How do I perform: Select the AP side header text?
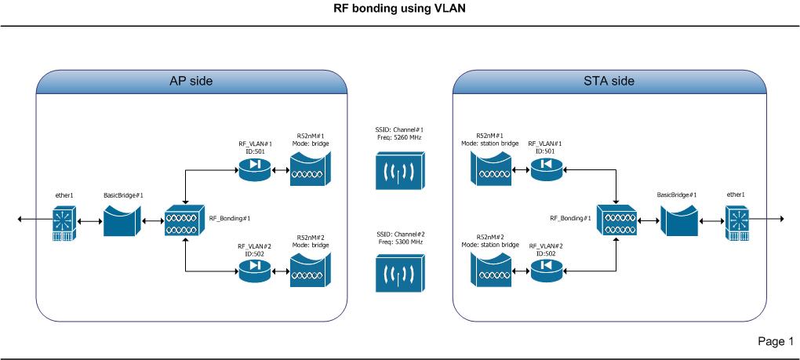click(x=191, y=81)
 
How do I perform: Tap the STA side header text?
click(x=610, y=81)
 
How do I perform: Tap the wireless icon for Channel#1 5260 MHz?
click(x=400, y=169)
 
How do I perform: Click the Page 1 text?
click(x=775, y=341)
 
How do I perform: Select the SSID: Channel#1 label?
click(x=400, y=129)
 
